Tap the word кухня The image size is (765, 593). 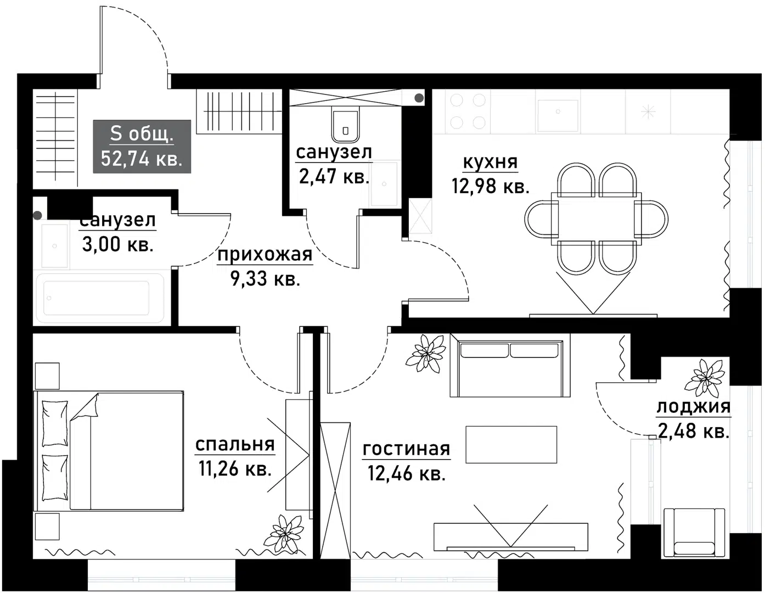pos(490,163)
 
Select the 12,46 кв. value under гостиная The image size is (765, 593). pos(406,473)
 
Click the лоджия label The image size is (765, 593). pos(693,407)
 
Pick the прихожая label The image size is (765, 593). pos(265,255)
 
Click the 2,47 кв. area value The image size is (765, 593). pos(334,177)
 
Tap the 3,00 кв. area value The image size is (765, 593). pos(117,245)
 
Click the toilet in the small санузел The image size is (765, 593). pos(345,126)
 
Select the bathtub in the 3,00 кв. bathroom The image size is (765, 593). pos(99,298)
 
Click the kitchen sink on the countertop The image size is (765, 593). pos(558,115)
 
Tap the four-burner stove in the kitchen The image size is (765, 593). pos(468,111)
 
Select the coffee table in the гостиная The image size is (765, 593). pos(511,444)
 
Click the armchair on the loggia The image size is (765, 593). pos(694,531)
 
